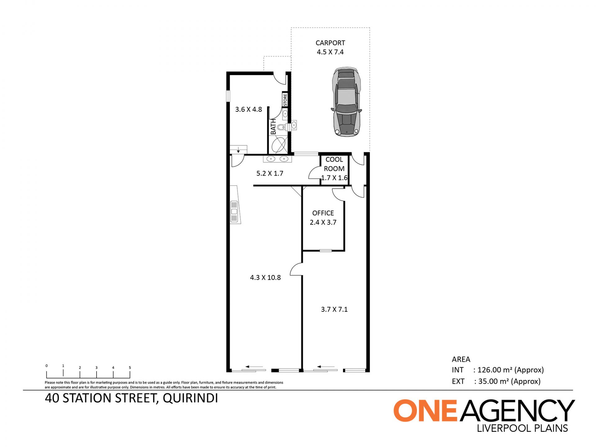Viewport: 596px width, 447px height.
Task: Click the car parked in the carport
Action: coord(346,102)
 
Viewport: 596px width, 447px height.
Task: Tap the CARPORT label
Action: coord(330,43)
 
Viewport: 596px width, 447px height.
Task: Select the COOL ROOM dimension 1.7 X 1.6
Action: coord(334,178)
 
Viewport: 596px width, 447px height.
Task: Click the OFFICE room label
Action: coord(323,213)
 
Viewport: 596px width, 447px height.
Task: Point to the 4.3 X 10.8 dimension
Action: coord(265,278)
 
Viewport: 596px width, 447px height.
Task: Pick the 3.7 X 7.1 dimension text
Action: coord(334,309)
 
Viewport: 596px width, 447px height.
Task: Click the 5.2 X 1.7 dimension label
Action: coord(270,173)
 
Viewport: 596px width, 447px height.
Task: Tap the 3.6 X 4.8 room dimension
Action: coord(249,109)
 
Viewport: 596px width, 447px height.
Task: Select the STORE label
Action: coord(285,100)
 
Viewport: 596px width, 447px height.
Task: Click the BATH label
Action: coord(273,127)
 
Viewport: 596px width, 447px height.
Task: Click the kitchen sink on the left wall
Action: coord(234,212)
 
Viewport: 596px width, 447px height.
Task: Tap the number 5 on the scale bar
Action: coord(130,368)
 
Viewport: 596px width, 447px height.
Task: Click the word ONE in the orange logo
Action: coord(425,410)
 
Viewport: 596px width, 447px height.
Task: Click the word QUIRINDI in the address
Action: coord(190,398)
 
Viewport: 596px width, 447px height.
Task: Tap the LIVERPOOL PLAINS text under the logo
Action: coord(522,428)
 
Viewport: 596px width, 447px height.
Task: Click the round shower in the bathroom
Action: coord(279,145)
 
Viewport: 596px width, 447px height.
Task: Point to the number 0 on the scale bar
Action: coord(47,366)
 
